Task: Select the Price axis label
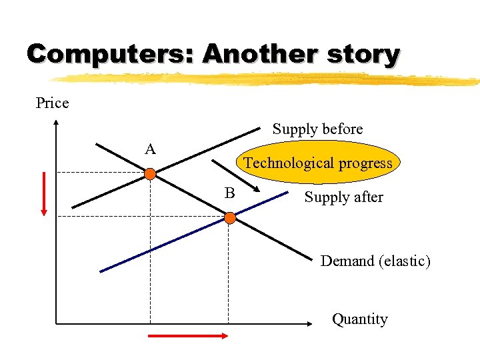(52, 103)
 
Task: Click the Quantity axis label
(359, 319)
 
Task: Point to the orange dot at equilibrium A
(151, 174)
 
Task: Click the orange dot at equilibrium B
(229, 217)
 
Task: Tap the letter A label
(151, 149)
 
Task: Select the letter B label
(229, 193)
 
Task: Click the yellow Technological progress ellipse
(318, 163)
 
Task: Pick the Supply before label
(317, 129)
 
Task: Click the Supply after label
(343, 197)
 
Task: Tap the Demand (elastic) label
(375, 261)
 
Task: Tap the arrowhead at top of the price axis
(56, 123)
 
